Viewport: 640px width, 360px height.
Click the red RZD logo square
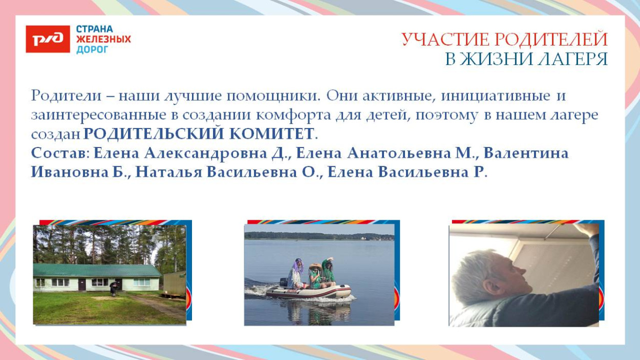[x=48, y=39]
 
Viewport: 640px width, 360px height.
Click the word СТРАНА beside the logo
[x=95, y=29]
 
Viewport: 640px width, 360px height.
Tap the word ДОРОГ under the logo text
[x=92, y=50]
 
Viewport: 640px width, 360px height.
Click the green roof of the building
[x=97, y=270]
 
